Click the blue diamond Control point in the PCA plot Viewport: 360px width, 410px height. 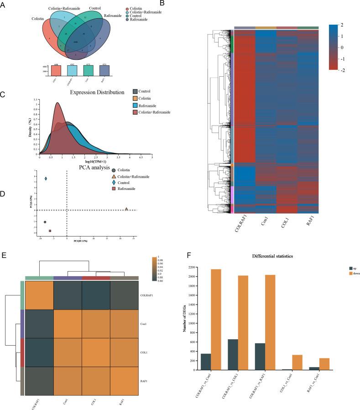(46, 179)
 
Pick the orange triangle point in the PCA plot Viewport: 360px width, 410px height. (126, 209)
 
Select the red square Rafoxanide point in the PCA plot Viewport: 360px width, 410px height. (50, 231)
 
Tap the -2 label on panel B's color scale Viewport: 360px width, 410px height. (342, 70)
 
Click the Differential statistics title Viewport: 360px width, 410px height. (266, 257)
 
